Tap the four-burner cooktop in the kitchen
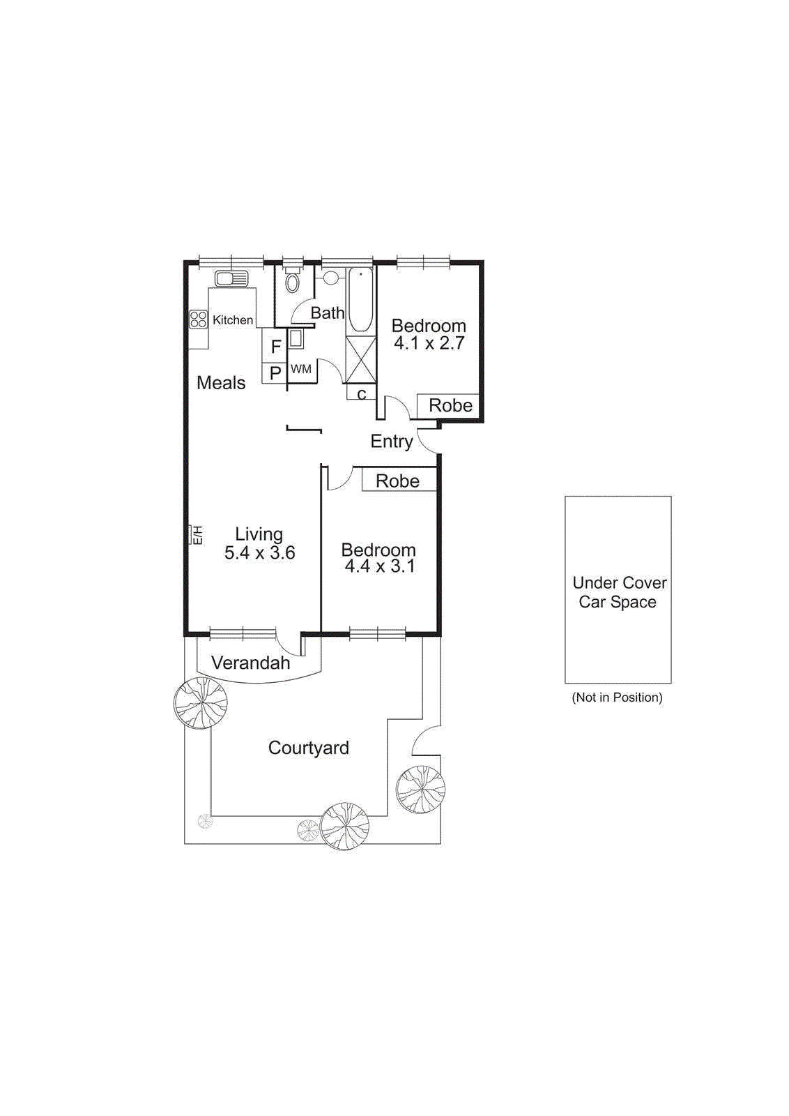click(x=199, y=319)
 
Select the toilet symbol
click(x=292, y=281)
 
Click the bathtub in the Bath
click(x=360, y=300)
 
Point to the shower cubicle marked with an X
click(x=360, y=359)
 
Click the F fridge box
click(x=275, y=347)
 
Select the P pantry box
click(x=275, y=373)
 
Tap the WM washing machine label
click(x=301, y=369)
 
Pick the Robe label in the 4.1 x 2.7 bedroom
click(x=450, y=405)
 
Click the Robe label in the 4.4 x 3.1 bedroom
click(x=397, y=481)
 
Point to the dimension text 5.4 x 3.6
click(x=259, y=553)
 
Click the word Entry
click(x=391, y=442)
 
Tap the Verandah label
click(x=250, y=663)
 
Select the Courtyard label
click(x=308, y=748)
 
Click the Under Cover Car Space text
click(x=619, y=592)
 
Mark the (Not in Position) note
click(x=617, y=697)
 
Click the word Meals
click(x=221, y=383)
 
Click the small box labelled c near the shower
click(x=361, y=394)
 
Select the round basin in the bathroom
click(x=330, y=278)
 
